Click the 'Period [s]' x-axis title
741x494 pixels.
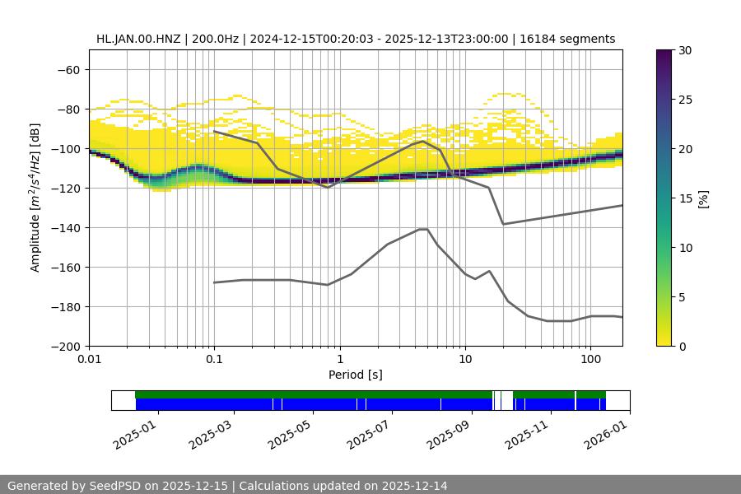[x=356, y=375]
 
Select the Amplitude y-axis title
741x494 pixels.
[x=35, y=198]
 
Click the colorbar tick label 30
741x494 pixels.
[x=685, y=50]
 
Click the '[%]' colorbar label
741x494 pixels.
[x=703, y=198]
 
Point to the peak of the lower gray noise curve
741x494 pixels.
[x=423, y=229]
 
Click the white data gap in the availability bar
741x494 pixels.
[x=507, y=400]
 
